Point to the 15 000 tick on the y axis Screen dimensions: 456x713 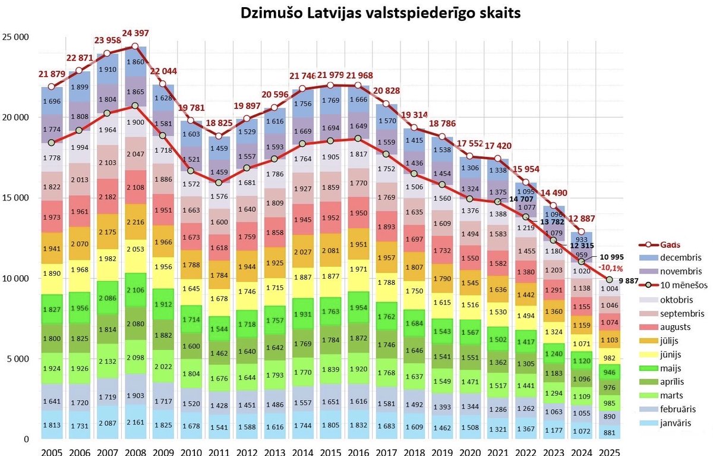17,198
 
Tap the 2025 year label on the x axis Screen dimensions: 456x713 610,451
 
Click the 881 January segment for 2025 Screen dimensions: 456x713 609,432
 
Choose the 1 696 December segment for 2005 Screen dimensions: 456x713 52,101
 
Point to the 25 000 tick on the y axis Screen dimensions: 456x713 17,37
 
